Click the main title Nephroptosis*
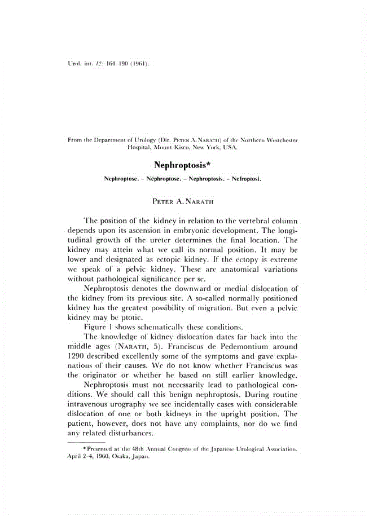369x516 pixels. pyautogui.click(x=184, y=165)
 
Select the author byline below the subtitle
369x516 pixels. pyautogui.click(x=184, y=200)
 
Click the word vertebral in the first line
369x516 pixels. pyautogui.click(x=251, y=218)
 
